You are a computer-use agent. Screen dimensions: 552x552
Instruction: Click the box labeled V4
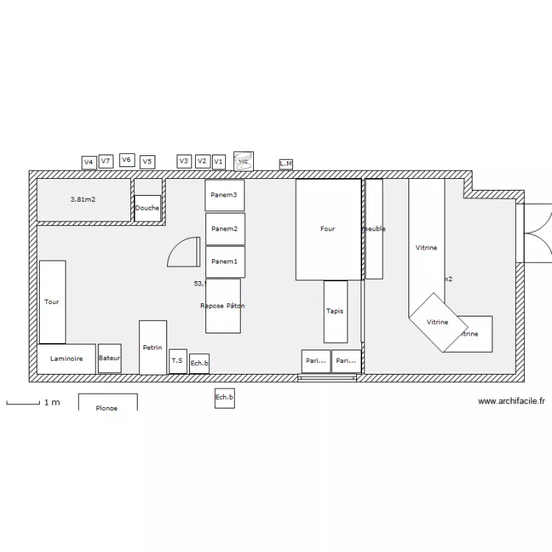89,162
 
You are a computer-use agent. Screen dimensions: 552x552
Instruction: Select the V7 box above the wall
106,160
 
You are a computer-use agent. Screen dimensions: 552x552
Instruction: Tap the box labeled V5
147,162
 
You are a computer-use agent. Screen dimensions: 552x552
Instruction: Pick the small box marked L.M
286,163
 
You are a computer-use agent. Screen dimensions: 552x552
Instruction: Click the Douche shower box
147,208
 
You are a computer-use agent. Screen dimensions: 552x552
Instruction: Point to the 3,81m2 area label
83,199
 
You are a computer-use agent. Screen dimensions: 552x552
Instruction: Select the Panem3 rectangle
224,195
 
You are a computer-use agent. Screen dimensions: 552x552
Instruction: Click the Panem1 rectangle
224,262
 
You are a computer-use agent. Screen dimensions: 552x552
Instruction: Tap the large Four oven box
328,229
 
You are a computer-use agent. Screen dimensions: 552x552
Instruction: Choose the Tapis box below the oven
335,311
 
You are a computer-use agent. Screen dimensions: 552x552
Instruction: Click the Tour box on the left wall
52,302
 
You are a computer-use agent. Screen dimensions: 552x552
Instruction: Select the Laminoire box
66,359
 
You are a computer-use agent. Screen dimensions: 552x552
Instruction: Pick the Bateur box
110,358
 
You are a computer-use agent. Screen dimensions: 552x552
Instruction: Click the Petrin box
153,347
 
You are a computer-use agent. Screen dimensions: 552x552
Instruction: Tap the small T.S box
177,361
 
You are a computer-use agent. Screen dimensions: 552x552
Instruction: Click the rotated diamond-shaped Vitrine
438,322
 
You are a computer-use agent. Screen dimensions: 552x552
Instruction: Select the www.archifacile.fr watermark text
512,401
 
